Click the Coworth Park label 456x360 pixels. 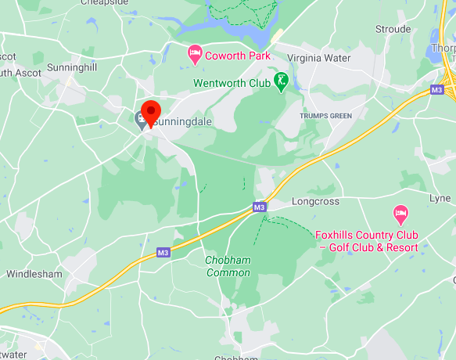tap(237, 56)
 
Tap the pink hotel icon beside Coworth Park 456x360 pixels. tap(195, 55)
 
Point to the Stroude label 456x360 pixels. tap(393, 29)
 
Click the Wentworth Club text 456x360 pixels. tap(232, 81)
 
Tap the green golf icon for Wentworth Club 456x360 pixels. tap(281, 81)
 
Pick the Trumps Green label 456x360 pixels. tap(326, 116)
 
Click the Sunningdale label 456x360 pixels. tap(183, 122)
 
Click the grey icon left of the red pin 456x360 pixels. tap(140, 121)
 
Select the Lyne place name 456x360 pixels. tap(440, 199)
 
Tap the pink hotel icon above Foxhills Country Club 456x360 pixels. tap(400, 213)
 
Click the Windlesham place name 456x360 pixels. tap(34, 274)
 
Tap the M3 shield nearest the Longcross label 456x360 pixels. tap(260, 207)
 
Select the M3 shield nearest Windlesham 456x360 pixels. tap(163, 252)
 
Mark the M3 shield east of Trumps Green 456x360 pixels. tap(436, 91)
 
